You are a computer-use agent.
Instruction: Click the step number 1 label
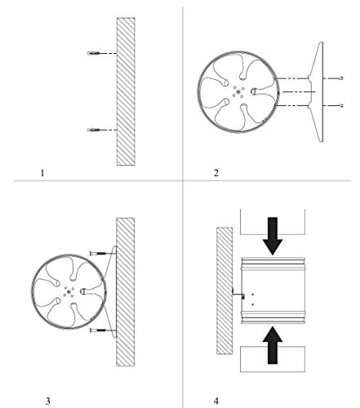42,173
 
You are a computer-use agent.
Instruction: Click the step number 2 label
216,173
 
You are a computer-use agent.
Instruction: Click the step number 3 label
48,401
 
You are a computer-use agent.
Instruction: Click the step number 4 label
216,401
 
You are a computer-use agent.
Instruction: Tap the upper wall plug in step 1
93,53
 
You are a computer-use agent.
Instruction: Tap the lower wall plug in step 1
93,130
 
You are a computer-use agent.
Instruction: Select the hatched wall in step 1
126,91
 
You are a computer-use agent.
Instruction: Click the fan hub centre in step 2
238,92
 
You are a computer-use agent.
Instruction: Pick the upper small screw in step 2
341,78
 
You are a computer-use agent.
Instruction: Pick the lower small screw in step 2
341,105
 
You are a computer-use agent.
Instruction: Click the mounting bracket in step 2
317,92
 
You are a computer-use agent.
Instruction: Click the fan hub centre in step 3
69,291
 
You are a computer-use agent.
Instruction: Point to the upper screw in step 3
98,254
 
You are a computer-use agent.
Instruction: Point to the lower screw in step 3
98,330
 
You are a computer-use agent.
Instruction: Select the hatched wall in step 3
126,292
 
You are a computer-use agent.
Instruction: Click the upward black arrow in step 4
273,345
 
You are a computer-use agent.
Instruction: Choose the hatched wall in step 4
224,290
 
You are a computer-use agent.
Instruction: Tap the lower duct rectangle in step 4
273,359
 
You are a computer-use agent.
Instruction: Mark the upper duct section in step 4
273,222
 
